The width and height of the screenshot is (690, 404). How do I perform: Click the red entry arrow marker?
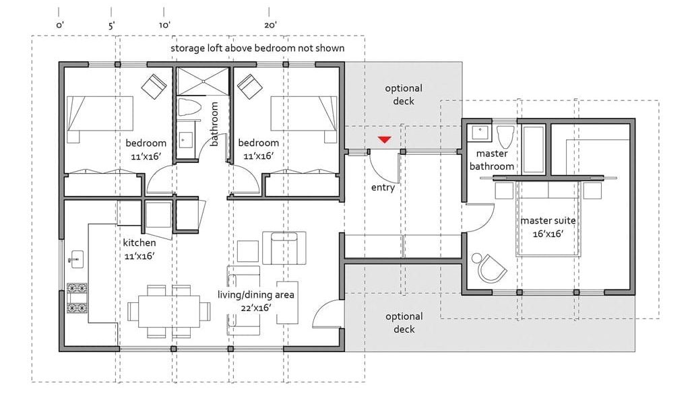tap(385, 140)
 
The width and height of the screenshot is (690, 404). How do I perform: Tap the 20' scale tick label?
tap(270, 25)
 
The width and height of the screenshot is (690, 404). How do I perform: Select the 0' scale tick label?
tap(59, 25)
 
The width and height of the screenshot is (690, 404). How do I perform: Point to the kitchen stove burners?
tap(77, 298)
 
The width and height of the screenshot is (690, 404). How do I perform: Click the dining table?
tap(169, 311)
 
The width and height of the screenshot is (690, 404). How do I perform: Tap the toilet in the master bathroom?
tap(505, 136)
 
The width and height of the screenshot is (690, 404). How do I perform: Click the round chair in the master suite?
tap(490, 267)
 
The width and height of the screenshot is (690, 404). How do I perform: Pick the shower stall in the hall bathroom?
tap(203, 81)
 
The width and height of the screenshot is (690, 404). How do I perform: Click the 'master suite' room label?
tap(548, 227)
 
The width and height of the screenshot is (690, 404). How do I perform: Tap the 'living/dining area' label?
tap(255, 301)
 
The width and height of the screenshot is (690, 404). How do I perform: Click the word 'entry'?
tap(383, 188)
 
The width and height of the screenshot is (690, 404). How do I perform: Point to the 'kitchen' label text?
tap(139, 242)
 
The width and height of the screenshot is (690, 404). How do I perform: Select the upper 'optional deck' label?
tap(404, 94)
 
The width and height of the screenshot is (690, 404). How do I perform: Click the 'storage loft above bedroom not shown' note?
tap(257, 48)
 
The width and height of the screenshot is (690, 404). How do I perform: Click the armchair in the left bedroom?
tap(154, 86)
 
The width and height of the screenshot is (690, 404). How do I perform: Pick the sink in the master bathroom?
tap(478, 133)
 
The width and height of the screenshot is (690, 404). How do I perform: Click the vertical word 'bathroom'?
tap(214, 124)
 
